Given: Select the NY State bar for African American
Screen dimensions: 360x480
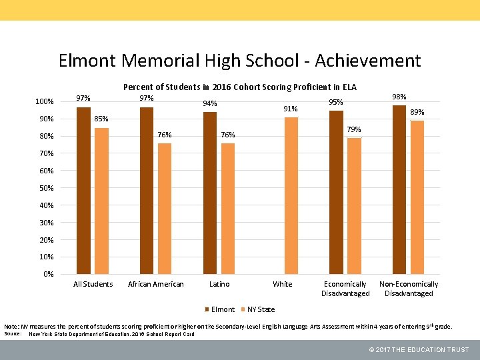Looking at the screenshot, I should [165, 209].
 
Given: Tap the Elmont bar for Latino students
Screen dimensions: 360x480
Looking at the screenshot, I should [210, 193].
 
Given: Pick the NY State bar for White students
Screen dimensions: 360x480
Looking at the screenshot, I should [291, 195].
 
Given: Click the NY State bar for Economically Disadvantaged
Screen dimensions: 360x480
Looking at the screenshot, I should [354, 206].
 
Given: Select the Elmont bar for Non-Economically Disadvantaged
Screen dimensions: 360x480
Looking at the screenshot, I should [399, 189].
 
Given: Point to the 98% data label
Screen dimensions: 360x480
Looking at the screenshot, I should [399, 97].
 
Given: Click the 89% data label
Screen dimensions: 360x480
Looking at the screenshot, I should [417, 113].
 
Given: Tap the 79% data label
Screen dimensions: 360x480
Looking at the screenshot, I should [354, 129].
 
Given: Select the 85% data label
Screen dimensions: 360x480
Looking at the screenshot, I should [101, 119].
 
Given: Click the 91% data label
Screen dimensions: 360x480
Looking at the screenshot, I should [291, 109].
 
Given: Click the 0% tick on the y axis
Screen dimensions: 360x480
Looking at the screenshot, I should [47, 274].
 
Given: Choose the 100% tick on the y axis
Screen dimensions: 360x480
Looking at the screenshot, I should [44, 101].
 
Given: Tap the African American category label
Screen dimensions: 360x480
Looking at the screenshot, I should [155, 284].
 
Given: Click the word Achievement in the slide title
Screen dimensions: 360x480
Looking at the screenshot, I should [367, 61].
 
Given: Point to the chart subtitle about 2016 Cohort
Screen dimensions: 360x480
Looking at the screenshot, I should [240, 87].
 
